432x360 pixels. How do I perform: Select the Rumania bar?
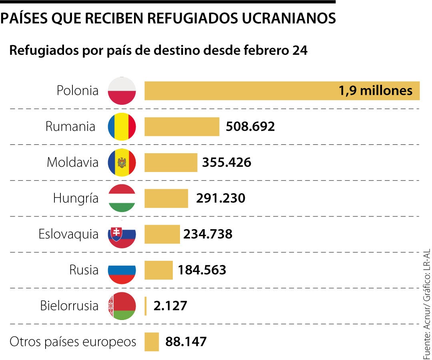coord(182,127)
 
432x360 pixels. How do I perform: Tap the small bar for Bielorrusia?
coord(146,306)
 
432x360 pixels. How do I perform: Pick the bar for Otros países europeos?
coord(152,342)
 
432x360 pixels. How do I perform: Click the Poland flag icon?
coord(122,91)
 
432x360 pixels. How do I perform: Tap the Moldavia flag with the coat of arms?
coord(122,163)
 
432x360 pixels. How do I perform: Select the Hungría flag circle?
coord(122,198)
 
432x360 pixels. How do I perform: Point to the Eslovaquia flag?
coord(122,234)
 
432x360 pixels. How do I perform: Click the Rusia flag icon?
coord(122,270)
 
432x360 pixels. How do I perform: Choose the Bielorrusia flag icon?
coord(122,306)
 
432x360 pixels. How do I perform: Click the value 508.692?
coord(250,127)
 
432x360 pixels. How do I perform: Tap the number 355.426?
coord(227,163)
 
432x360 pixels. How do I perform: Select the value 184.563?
coord(202,270)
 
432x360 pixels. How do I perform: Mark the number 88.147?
coord(186,342)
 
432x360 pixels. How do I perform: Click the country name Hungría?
coord(76,198)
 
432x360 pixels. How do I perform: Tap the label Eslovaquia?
coord(68,234)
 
